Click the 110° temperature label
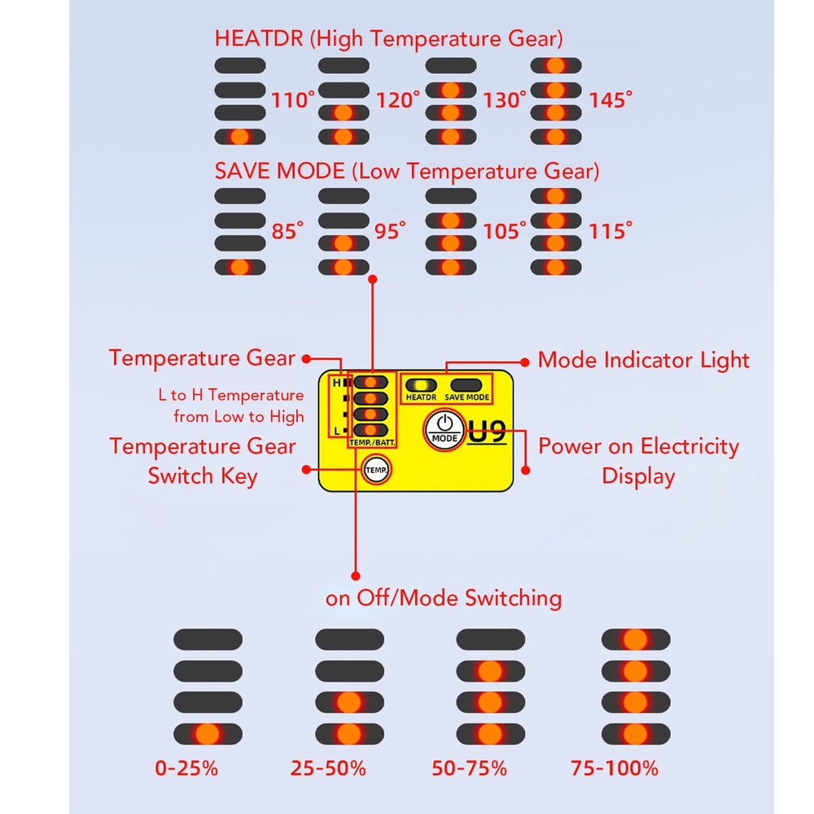click(x=293, y=99)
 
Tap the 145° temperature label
click(x=610, y=99)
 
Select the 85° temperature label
click(x=287, y=230)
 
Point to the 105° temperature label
click(x=504, y=230)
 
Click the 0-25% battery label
click(x=186, y=768)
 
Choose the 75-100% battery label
click(x=614, y=768)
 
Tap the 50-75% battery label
click(x=470, y=768)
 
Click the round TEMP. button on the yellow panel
click(x=376, y=470)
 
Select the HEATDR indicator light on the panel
click(x=421, y=385)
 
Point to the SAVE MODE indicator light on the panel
click(x=466, y=385)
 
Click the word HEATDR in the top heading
click(x=259, y=39)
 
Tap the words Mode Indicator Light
click(x=644, y=360)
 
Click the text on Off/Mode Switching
click(x=444, y=597)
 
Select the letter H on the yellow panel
click(x=337, y=383)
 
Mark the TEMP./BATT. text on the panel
click(x=372, y=443)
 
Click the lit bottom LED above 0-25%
click(x=208, y=734)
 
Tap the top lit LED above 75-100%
click(x=636, y=640)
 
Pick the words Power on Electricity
click(x=638, y=446)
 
